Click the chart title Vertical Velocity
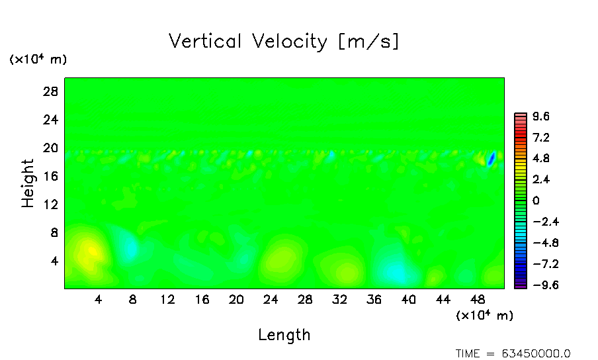[284, 42]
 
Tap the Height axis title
[28, 183]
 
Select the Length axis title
[284, 335]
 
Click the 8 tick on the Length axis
[133, 299]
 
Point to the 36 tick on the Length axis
[374, 299]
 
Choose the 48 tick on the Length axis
[477, 299]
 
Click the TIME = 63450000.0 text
[513, 353]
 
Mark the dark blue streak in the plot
[491, 159]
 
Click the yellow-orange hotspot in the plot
[91, 251]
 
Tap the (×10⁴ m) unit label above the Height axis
[38, 60]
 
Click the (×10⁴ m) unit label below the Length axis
[484, 316]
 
